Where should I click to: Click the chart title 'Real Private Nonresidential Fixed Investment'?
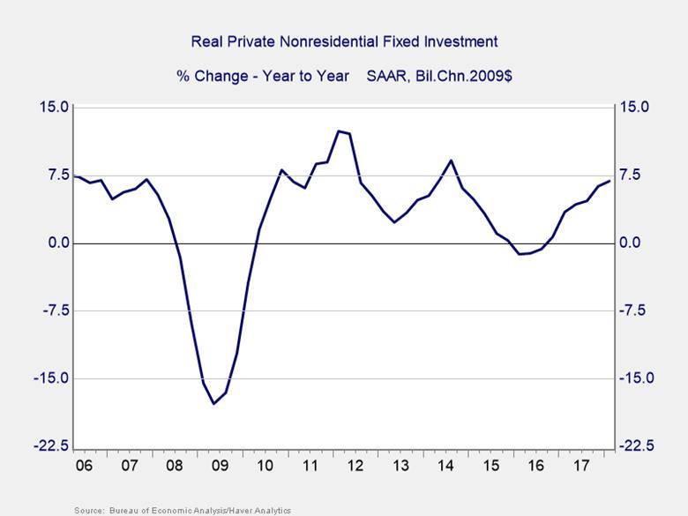pyautogui.click(x=345, y=41)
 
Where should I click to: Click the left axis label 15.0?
pyautogui.click(x=52, y=107)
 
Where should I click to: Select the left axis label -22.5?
pyautogui.click(x=49, y=446)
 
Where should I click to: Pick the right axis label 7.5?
pyautogui.click(x=635, y=175)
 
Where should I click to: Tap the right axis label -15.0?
pyautogui.click(x=639, y=378)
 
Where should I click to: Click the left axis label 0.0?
pyautogui.click(x=56, y=243)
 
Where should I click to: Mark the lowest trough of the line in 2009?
pyautogui.click(x=213, y=404)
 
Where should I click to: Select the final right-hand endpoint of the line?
pyautogui.click(x=609, y=182)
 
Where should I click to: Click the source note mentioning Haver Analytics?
pyautogui.click(x=183, y=510)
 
